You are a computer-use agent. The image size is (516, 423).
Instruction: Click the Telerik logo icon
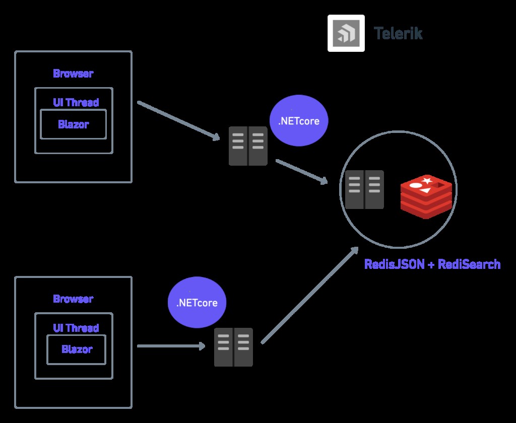click(346, 33)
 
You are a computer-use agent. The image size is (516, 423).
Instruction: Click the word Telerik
click(398, 34)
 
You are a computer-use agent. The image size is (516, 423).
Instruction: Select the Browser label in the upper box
click(73, 74)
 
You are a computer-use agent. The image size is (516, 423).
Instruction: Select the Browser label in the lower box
click(73, 299)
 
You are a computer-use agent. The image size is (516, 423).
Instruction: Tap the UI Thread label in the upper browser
click(76, 102)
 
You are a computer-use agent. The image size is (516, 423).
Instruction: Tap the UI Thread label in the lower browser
click(76, 328)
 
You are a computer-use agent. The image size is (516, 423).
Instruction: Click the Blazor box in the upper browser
click(73, 124)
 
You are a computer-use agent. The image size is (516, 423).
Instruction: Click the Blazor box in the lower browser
click(77, 349)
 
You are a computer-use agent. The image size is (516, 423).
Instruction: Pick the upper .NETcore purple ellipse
click(299, 121)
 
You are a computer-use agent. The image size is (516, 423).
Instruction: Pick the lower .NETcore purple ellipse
click(197, 303)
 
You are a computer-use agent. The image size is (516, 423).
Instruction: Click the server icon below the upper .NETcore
click(248, 146)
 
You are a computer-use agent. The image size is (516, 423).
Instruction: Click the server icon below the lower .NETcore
click(233, 347)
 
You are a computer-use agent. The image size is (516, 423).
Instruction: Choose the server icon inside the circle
click(364, 190)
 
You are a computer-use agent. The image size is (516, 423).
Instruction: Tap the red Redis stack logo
click(426, 196)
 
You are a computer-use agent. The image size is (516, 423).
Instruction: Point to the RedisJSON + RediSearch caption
click(432, 264)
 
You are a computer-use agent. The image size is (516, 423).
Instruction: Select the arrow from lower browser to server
click(171, 346)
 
